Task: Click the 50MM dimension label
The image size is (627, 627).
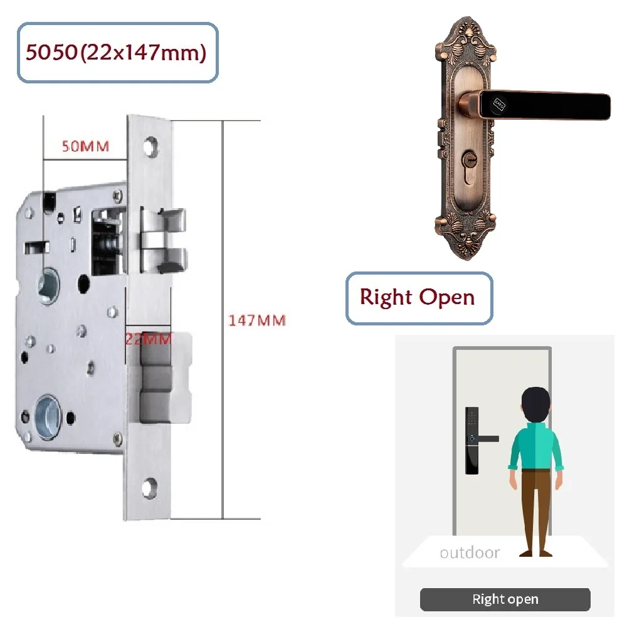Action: point(85,146)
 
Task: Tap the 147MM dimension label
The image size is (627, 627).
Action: point(256,320)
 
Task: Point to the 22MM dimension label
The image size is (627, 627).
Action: point(149,339)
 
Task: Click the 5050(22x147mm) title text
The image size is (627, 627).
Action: point(116,53)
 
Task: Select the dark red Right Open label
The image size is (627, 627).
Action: point(418,297)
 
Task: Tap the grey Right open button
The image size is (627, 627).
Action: point(505,599)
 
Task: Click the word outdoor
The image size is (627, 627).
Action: point(470,552)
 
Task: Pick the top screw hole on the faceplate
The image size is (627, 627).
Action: point(150,146)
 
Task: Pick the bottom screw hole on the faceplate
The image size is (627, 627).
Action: point(150,487)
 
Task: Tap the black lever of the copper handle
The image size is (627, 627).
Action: point(544,105)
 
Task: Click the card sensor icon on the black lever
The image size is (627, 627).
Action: point(500,104)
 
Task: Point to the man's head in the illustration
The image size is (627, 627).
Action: point(536,404)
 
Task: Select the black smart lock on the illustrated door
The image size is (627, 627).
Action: point(473,440)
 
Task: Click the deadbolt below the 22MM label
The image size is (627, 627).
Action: point(159,378)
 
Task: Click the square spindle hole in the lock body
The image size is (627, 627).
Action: point(49,286)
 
